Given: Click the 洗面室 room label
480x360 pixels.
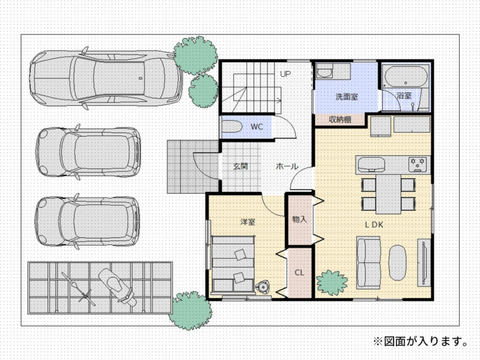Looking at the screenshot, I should click(346, 96).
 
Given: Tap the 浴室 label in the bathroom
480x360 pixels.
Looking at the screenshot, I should click(404, 95).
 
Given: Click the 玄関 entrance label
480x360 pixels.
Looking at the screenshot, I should click(240, 166).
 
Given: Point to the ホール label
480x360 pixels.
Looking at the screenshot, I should click(287, 166).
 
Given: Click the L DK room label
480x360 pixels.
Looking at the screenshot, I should click(374, 223).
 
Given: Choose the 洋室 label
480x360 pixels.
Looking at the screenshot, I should click(247, 221).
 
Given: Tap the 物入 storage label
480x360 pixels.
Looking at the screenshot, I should click(299, 219).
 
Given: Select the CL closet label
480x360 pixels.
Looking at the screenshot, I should click(299, 272).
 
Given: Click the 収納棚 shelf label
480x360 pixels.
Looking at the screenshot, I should click(339, 120).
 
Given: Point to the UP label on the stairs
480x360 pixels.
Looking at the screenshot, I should click(285, 74).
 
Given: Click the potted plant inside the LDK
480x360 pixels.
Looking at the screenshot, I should click(332, 282).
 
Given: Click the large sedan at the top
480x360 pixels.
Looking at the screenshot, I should click(105, 78).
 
